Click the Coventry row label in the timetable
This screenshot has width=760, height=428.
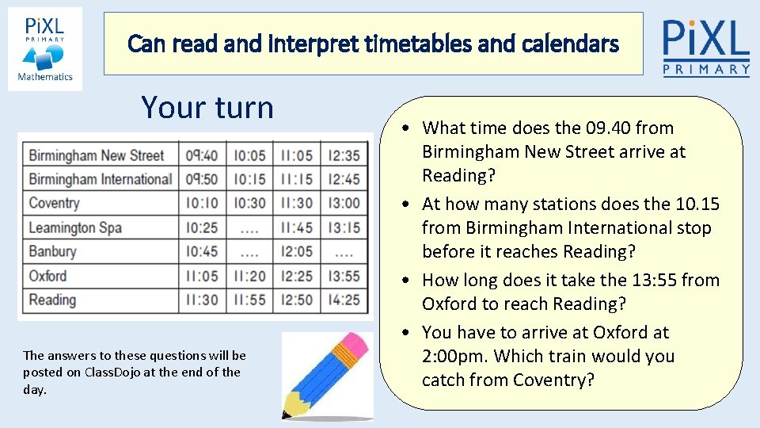coord(54,203)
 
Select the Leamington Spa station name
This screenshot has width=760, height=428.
coord(75,227)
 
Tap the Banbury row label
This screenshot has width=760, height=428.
coord(52,252)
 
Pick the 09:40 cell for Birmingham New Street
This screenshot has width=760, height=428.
coord(202,155)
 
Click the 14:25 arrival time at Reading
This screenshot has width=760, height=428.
coord(344,300)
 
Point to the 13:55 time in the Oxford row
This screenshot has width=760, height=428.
coord(344,276)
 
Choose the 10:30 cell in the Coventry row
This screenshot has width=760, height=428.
coord(249,203)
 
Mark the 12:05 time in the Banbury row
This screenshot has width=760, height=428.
coord(296,252)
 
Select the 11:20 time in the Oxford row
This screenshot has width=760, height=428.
coord(249,276)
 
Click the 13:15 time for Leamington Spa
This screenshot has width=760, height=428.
coord(344,227)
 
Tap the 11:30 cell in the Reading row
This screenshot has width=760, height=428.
coord(202,300)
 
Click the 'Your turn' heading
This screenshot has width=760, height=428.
coord(207,107)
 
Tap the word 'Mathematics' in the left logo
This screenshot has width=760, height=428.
coord(45,77)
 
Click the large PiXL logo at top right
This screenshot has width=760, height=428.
coord(705,47)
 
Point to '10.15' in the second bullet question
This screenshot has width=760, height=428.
coord(697,204)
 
